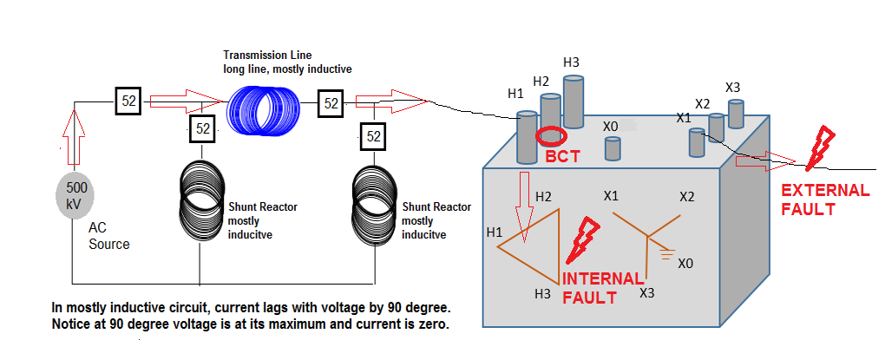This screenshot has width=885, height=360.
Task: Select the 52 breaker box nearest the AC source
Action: click(128, 101)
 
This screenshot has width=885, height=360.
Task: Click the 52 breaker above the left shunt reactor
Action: click(201, 128)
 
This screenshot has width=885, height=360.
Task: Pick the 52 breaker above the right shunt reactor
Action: click(374, 136)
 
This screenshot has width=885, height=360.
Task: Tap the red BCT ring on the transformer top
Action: click(551, 136)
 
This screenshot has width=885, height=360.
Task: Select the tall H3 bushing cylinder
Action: click(574, 101)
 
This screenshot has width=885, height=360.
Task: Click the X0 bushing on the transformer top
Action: click(613, 148)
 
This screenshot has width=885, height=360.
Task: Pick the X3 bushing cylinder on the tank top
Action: click(736, 114)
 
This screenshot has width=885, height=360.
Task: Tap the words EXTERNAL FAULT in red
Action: click(825, 200)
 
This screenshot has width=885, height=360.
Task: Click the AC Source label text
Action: click(108, 236)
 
